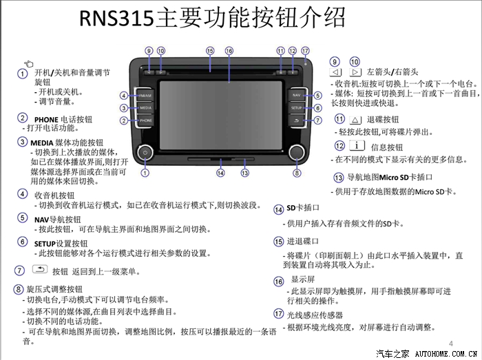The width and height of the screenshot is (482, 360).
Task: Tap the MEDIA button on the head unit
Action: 145,108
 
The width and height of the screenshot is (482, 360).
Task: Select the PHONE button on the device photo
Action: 145,120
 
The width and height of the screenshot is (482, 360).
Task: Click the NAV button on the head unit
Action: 296,95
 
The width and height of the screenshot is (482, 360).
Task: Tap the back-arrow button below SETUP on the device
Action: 296,120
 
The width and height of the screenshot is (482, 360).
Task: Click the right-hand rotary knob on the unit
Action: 297,151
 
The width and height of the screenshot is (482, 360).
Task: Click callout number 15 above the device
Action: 210,51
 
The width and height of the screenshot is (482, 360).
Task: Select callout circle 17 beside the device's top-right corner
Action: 305,51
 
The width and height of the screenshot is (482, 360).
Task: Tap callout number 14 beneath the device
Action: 220,173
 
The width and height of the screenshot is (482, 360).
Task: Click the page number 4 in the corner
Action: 451,343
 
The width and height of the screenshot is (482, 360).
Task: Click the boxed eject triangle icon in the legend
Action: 359,120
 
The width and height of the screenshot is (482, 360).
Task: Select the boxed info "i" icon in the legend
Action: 357,146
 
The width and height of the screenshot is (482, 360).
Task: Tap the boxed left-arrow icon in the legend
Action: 336,72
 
